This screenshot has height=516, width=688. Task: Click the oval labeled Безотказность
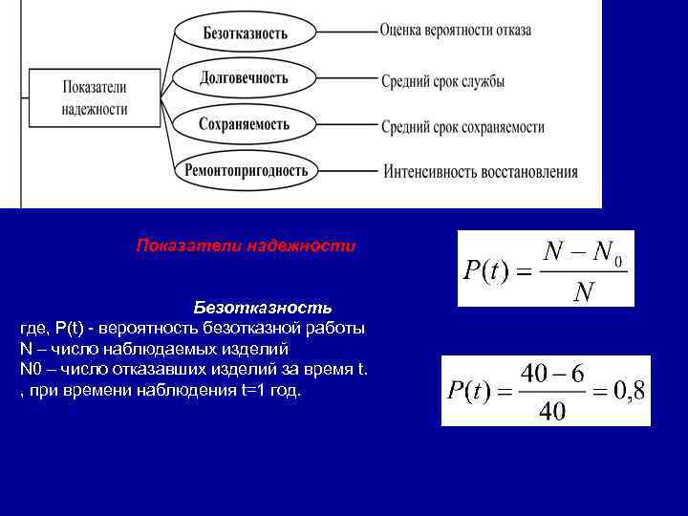(245, 32)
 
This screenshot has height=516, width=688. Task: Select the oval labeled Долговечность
(245, 77)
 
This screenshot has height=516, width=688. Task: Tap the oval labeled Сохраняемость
(245, 124)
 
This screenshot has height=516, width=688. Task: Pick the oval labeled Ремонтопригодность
(245, 170)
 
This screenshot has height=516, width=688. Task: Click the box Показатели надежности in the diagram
(95, 97)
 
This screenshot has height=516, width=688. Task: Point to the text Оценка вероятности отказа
(455, 31)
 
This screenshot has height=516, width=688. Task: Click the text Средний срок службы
(442, 81)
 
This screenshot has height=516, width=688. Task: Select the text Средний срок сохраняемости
(462, 127)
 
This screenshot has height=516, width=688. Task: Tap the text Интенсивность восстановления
(481, 173)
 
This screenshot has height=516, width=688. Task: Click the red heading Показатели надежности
(246, 246)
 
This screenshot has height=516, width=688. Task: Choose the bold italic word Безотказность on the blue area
(263, 308)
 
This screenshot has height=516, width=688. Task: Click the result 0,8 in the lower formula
(619, 389)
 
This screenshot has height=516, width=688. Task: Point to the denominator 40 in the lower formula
(552, 412)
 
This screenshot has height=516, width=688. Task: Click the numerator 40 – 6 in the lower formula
(553, 373)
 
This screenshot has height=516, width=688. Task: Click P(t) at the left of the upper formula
(485, 271)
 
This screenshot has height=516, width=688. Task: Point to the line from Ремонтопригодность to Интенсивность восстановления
(348, 171)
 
